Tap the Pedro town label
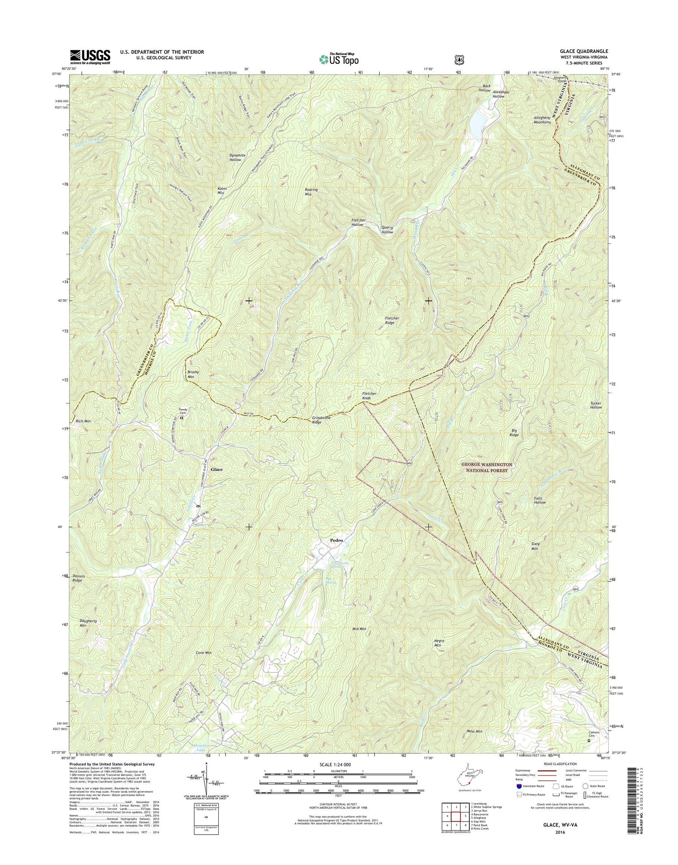(x=336, y=540)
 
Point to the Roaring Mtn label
(x=311, y=192)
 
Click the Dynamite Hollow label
(x=237, y=157)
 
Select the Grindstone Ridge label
(x=323, y=420)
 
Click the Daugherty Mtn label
(x=88, y=623)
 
